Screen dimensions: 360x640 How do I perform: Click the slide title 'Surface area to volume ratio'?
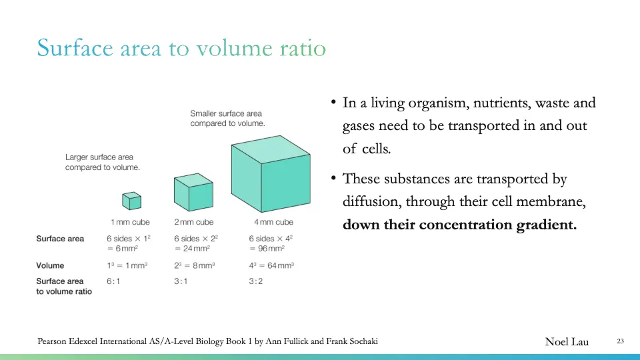[181, 48]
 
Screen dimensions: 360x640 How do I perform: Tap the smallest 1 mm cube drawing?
[131, 200]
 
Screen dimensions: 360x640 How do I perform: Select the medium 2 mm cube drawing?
[193, 191]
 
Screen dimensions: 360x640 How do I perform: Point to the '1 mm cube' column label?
[130, 222]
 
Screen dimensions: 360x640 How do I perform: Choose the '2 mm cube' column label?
[194, 222]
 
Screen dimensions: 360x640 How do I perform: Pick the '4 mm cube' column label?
[273, 222]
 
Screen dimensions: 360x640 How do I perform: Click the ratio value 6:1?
[113, 281]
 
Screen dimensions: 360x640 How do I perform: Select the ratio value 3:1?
[181, 281]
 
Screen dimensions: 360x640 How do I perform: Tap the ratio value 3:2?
[256, 281]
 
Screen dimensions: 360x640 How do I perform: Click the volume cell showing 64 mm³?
[271, 265]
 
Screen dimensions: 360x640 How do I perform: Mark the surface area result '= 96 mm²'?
[267, 249]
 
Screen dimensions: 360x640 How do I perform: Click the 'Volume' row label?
[50, 265]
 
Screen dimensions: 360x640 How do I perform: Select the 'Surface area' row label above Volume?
[60, 239]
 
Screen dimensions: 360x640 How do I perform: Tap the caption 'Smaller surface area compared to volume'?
[227, 119]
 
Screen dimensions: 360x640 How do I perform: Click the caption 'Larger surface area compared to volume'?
[102, 163]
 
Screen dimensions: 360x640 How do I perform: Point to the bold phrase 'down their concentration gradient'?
[459, 225]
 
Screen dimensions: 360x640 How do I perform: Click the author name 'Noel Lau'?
[567, 342]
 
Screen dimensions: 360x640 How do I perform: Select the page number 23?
[620, 342]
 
